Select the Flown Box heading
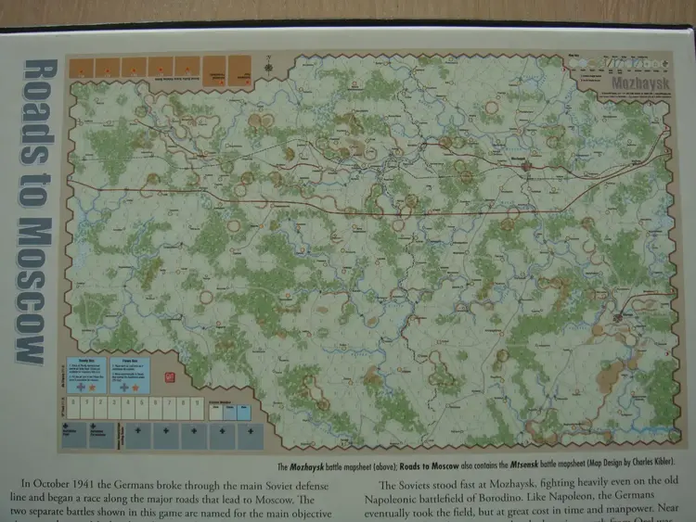(130, 362)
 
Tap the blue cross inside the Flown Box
(125, 388)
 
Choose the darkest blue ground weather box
(244, 413)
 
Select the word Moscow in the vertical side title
(33, 297)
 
